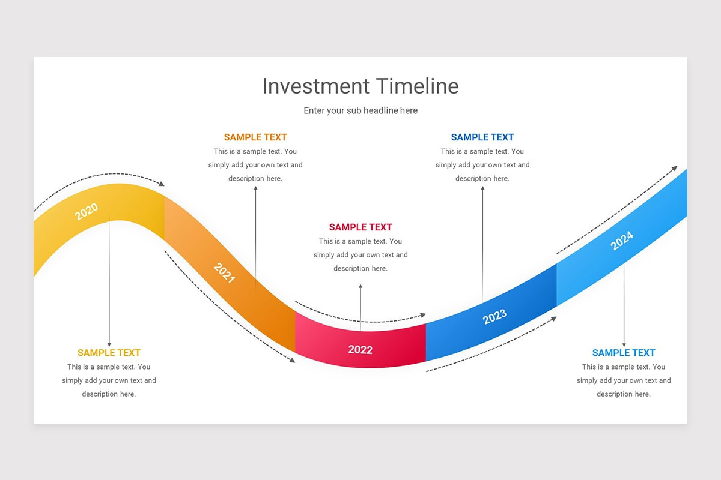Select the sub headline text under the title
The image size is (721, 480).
click(x=360, y=111)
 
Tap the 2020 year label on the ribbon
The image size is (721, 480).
click(x=87, y=211)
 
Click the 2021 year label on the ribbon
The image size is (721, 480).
click(x=224, y=273)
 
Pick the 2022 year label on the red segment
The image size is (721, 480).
click(x=360, y=350)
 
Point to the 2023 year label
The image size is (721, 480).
click(x=494, y=316)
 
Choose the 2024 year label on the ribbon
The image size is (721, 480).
click(x=622, y=241)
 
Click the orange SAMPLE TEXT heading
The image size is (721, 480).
click(x=255, y=137)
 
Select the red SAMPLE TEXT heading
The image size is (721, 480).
click(x=360, y=227)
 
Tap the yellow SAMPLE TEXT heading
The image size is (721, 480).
click(x=109, y=353)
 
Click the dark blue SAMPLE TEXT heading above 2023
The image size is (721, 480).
click(x=482, y=137)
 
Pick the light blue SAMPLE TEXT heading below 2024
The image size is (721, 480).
click(x=624, y=353)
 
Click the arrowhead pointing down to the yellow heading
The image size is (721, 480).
click(x=109, y=344)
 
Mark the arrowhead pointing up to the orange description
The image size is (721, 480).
click(x=255, y=188)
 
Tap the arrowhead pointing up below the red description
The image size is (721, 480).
click(x=360, y=287)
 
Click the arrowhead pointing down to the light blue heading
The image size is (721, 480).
click(x=624, y=344)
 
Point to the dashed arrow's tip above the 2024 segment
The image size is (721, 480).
click(x=675, y=168)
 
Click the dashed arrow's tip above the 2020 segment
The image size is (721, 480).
click(x=162, y=184)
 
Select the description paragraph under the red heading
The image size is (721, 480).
click(x=360, y=255)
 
